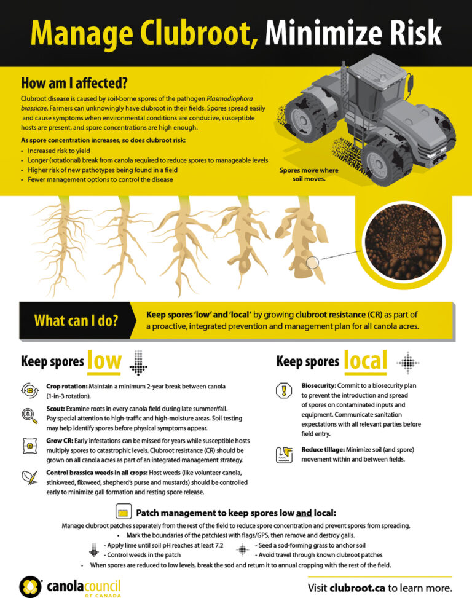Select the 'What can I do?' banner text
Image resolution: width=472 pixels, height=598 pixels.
76,321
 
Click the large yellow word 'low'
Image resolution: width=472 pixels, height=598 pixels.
104,361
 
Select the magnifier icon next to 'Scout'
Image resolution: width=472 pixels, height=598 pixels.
29,415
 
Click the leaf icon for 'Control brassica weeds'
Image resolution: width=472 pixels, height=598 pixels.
29,476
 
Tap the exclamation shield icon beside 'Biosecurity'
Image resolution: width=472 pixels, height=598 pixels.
283,390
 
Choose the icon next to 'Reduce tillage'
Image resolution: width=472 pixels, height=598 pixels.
283,454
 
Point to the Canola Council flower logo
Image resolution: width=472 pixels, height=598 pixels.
31,586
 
